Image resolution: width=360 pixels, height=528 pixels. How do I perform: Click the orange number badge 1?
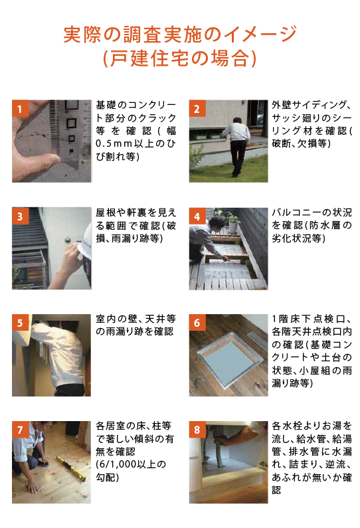[x=20, y=108]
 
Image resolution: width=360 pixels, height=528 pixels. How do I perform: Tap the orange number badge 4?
[x=197, y=216]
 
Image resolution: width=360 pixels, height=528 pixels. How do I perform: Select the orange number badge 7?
[x=20, y=429]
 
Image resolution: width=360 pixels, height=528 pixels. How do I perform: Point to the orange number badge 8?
[x=197, y=429]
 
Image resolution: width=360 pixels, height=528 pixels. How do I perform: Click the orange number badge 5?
[x=20, y=323]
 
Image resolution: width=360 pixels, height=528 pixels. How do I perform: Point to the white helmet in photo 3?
[x=85, y=242]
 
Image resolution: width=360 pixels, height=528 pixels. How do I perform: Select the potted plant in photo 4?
[x=232, y=222]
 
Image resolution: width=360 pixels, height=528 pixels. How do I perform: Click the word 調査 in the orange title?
[x=143, y=35]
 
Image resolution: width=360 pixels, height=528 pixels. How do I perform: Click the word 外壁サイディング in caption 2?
[x=309, y=105]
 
